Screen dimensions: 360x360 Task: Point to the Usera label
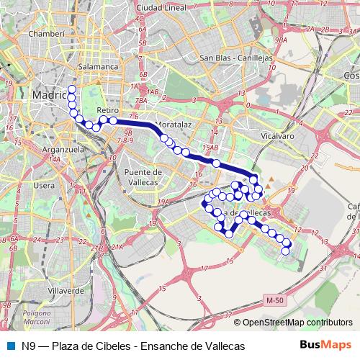pos(44,186)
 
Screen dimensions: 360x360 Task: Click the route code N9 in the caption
pos(28,346)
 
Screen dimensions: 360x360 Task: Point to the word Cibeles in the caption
pos(112,346)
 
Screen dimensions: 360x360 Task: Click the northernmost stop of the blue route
pos(71,89)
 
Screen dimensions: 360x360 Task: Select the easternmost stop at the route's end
pos(287,243)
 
